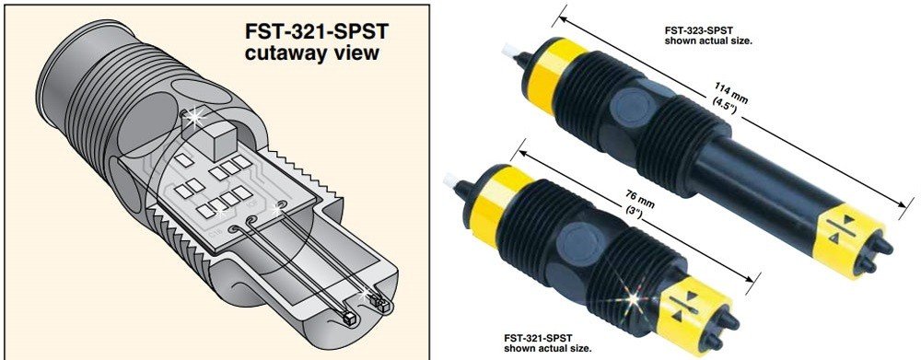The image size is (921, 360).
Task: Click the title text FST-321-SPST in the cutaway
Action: coord(316,31)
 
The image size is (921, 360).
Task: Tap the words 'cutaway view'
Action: coord(312,52)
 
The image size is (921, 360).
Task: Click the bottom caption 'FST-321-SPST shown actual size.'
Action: coord(548,343)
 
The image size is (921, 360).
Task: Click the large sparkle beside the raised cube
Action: coord(193,117)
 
